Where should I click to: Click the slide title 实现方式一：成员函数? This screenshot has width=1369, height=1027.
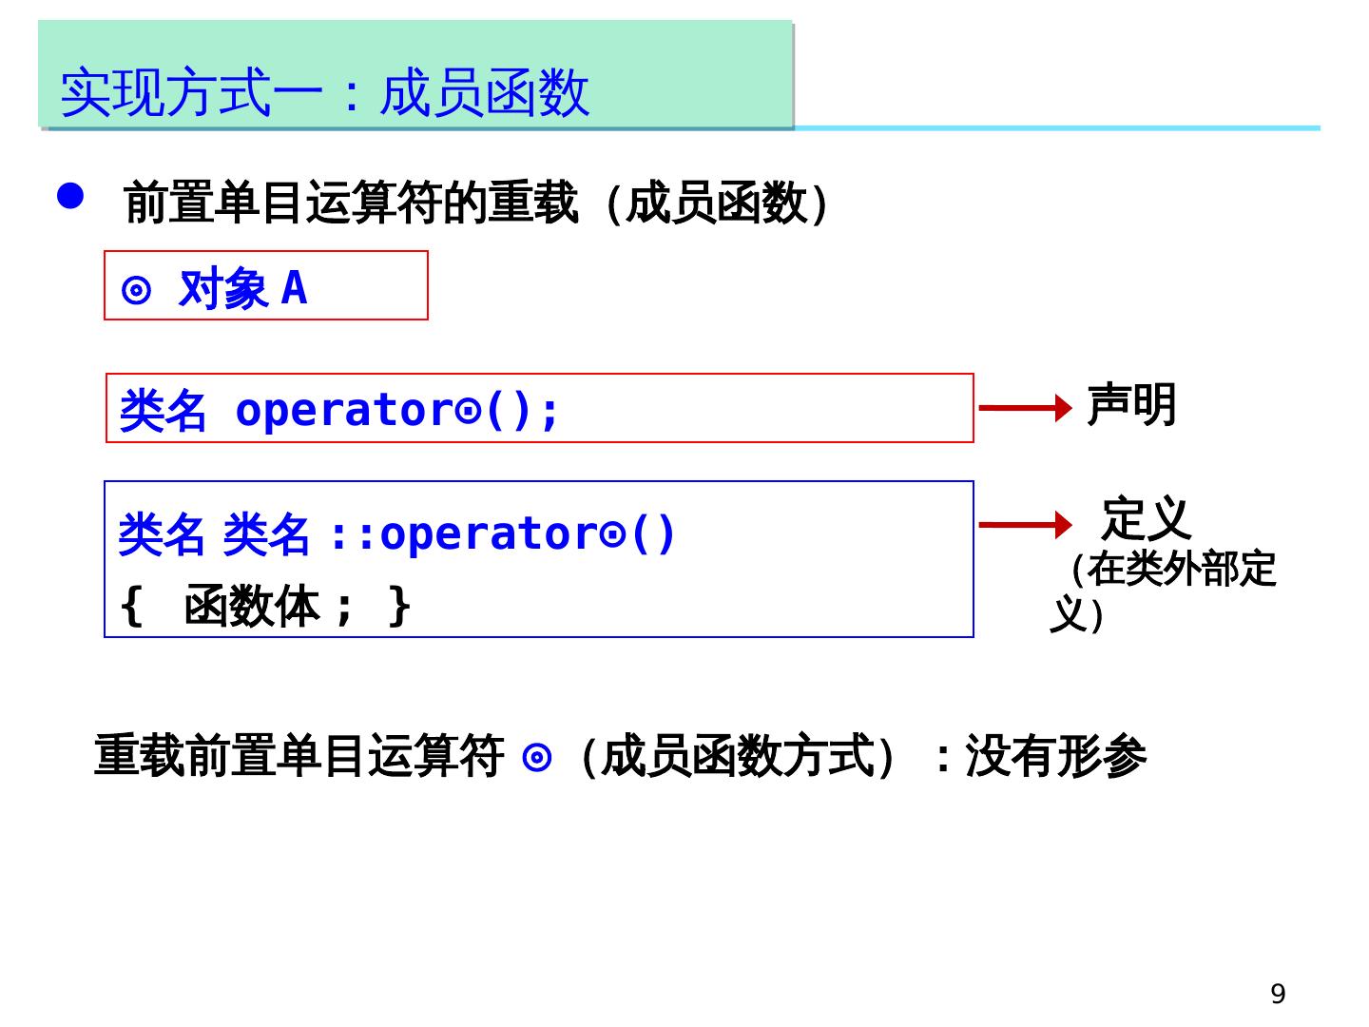point(324,93)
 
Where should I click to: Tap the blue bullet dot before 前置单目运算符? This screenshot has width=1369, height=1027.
point(70,196)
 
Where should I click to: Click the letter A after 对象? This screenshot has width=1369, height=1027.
point(295,288)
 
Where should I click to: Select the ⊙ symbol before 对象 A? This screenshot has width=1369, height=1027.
point(137,290)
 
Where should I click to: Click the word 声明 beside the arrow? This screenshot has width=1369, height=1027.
point(1131,406)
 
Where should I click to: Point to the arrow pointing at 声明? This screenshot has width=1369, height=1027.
point(1025,408)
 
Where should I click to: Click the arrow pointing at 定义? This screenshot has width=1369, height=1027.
point(1025,524)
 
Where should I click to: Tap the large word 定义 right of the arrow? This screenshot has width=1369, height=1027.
point(1146,519)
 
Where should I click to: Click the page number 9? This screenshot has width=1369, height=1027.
point(1278,994)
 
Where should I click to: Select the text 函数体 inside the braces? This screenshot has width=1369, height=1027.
point(252,606)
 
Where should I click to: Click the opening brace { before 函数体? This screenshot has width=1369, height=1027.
point(131,606)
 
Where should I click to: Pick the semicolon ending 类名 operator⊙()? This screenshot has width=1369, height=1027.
point(549,412)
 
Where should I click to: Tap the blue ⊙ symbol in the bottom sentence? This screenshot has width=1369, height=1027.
point(537,758)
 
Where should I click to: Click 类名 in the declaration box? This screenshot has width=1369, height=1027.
point(163,412)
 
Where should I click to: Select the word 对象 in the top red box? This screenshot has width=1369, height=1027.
point(223,288)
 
